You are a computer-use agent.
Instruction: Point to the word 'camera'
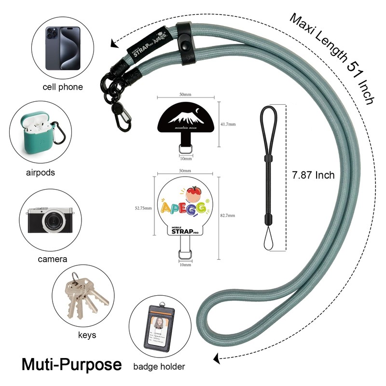coord(53,259)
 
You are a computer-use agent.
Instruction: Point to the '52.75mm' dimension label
coord(143,208)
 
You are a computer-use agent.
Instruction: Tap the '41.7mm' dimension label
coord(228,124)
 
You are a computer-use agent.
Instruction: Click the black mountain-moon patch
coord(185,118)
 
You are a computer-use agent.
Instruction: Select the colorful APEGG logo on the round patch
coord(185,205)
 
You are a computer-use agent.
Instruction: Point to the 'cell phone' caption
coord(62,87)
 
